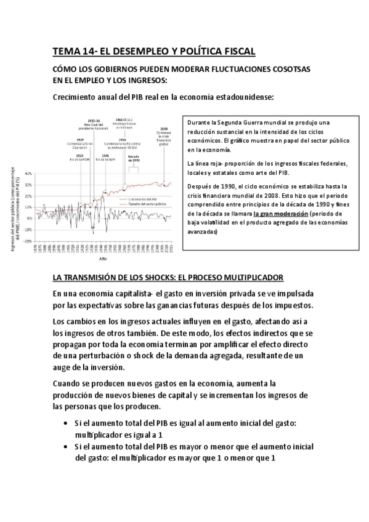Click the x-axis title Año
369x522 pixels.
point(102,260)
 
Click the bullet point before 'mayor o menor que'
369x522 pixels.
point(66,447)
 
